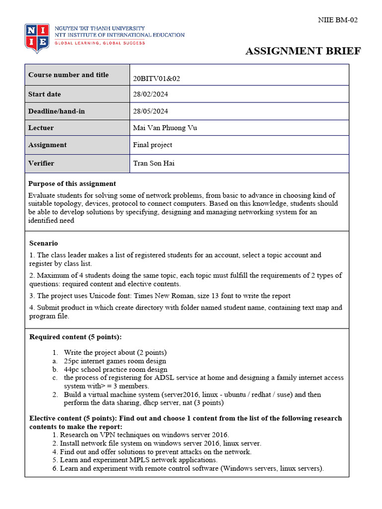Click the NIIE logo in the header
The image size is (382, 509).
click(x=37, y=38)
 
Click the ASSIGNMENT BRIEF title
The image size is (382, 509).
click(x=303, y=51)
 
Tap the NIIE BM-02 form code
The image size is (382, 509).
click(x=338, y=20)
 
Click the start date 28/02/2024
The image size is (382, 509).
click(x=151, y=94)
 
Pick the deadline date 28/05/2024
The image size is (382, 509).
click(x=151, y=111)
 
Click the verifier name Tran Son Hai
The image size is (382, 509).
click(x=154, y=163)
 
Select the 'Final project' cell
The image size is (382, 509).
click(x=153, y=145)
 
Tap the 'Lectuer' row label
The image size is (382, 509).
click(x=41, y=128)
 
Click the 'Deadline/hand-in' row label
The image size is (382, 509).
click(x=56, y=111)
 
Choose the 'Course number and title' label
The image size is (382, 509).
click(x=68, y=75)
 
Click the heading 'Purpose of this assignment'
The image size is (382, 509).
click(x=72, y=183)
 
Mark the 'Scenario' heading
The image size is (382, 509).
click(x=44, y=243)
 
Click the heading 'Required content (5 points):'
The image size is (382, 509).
click(x=75, y=337)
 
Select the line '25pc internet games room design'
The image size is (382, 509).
click(x=115, y=361)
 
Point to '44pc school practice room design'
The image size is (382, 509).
click(x=115, y=369)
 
